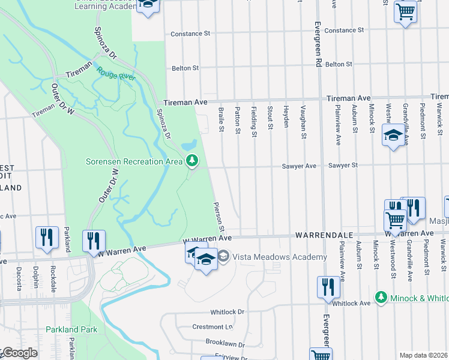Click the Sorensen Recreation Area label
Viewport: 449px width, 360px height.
pos(134,161)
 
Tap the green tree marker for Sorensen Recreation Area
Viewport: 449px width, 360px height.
pos(192,160)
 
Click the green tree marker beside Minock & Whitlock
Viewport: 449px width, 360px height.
pos(380,297)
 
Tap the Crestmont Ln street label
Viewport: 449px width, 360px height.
pos(212,327)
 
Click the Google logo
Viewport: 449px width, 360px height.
pos(19,353)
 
